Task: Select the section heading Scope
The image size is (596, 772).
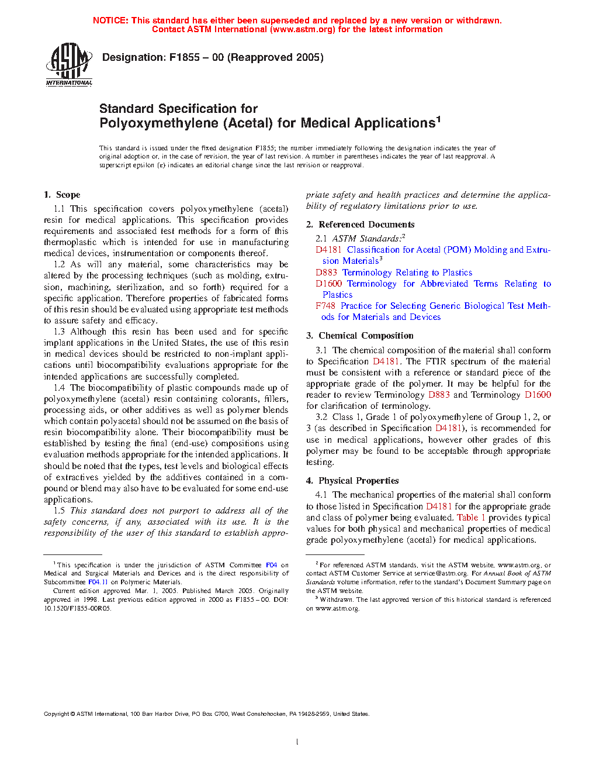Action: pyautogui.click(x=68, y=195)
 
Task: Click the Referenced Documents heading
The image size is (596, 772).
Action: pyautogui.click(x=366, y=225)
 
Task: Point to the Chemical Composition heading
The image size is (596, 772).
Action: pyautogui.click(x=366, y=336)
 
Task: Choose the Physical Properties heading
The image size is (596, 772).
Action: pyautogui.click(x=358, y=481)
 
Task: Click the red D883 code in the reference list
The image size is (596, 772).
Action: pyautogui.click(x=326, y=273)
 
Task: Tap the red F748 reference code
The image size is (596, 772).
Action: pyautogui.click(x=325, y=306)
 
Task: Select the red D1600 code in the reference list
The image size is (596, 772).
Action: pyautogui.click(x=328, y=284)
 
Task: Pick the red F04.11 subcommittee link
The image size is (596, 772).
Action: pyautogui.click(x=98, y=582)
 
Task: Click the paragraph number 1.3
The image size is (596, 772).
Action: pyautogui.click(x=59, y=332)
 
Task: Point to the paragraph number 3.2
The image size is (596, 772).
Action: pyautogui.click(x=321, y=417)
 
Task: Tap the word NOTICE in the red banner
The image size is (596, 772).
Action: pyautogui.click(x=110, y=20)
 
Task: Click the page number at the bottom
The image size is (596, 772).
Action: pyautogui.click(x=297, y=742)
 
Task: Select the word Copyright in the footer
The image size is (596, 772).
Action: pyautogui.click(x=57, y=714)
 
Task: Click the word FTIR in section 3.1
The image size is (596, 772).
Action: pyautogui.click(x=435, y=361)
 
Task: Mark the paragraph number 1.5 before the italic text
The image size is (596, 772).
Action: pyautogui.click(x=59, y=511)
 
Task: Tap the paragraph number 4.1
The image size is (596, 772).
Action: pyautogui.click(x=321, y=495)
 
